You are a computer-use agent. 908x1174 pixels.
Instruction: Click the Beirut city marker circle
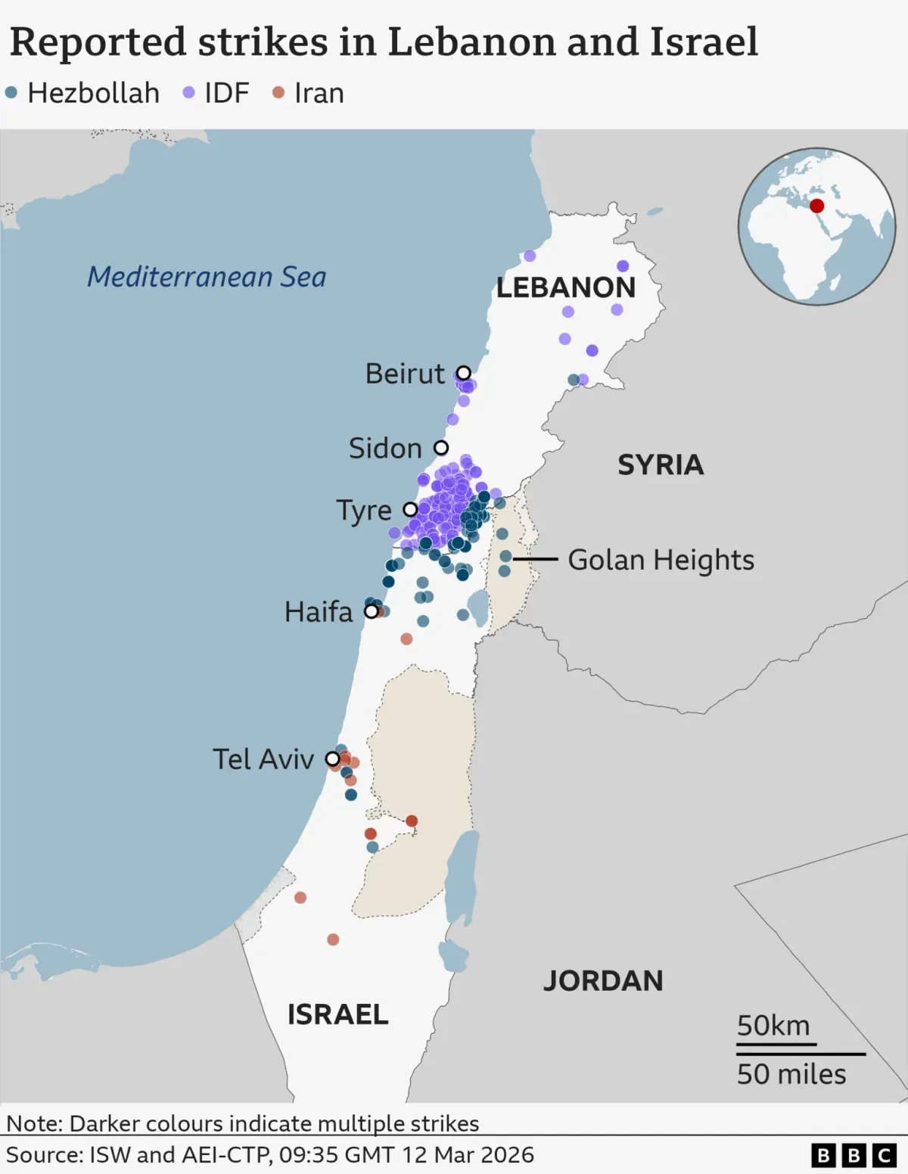click(463, 373)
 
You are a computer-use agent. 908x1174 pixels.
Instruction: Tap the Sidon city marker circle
click(441, 448)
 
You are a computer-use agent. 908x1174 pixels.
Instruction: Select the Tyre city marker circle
click(410, 509)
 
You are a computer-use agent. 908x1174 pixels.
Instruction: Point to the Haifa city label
click(319, 611)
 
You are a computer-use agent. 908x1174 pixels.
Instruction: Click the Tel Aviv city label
click(263, 759)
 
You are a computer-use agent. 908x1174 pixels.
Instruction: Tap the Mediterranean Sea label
click(207, 277)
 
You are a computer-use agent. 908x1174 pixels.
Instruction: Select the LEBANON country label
click(566, 287)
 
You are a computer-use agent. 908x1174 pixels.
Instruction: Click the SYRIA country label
click(661, 464)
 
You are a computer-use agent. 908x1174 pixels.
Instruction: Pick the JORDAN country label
click(603, 980)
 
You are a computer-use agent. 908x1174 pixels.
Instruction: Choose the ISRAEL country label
click(337, 1014)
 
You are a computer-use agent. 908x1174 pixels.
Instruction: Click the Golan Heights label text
click(661, 560)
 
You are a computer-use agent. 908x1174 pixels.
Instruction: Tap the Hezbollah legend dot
click(11, 93)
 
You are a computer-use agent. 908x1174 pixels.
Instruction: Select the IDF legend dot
click(189, 93)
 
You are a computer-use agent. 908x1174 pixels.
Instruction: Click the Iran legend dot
click(278, 93)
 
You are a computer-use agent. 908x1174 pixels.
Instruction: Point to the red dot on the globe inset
click(816, 206)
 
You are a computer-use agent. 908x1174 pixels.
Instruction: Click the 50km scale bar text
click(773, 1026)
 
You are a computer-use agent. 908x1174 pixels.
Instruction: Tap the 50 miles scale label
click(791, 1074)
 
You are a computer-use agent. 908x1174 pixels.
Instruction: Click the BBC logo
click(854, 1155)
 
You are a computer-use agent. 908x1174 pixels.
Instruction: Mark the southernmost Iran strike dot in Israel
click(333, 940)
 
